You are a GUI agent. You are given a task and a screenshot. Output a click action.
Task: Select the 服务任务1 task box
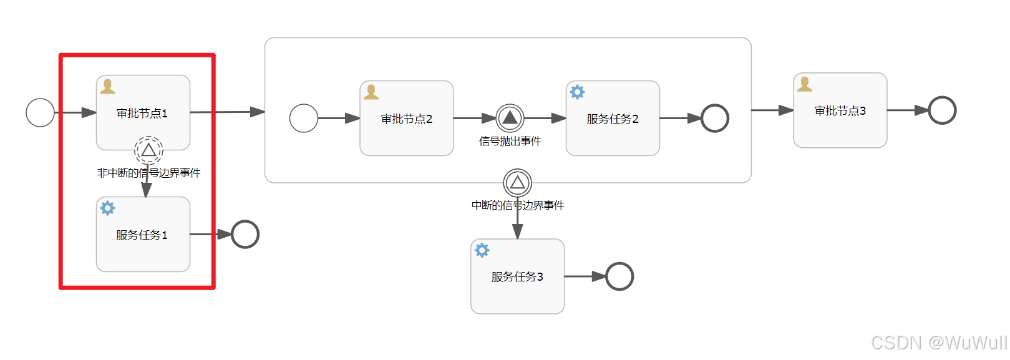143,235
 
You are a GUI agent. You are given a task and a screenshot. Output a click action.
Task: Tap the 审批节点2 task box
406,119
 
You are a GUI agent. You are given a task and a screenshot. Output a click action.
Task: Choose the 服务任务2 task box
612,119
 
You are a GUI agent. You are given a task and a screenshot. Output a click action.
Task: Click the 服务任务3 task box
517,276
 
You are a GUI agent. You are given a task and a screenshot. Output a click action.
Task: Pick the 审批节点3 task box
840,110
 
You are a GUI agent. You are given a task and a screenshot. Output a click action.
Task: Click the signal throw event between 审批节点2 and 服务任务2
510,117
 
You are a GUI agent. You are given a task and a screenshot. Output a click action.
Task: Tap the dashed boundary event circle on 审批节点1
148,150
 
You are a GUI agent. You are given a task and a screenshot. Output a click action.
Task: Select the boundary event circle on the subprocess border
517,183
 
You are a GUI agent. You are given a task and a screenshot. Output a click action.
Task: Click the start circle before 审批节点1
40,113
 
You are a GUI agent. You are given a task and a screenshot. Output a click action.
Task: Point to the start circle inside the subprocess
304,118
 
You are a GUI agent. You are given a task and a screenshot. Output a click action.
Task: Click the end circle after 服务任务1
245,235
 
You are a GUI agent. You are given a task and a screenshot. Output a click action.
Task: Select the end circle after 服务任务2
714,118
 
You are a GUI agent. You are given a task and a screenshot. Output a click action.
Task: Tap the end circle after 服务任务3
619,276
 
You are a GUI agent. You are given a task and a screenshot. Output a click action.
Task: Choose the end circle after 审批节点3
942,110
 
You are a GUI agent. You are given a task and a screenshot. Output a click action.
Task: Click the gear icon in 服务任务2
578,92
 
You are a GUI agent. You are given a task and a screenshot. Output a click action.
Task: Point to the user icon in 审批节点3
805,84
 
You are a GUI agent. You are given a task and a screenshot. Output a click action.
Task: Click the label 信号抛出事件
510,142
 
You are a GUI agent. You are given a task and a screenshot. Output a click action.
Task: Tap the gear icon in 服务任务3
482,250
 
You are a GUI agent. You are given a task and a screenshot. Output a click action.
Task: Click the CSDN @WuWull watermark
938,343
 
